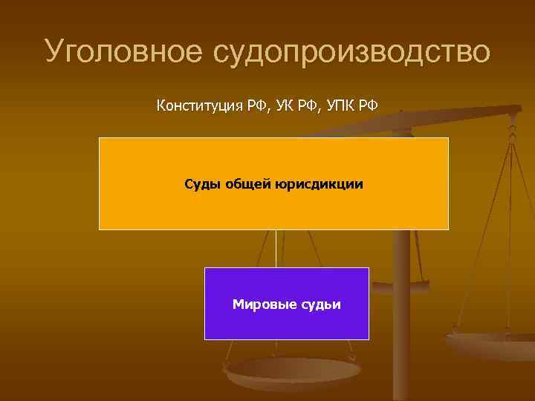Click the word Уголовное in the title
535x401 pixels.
(x=122, y=52)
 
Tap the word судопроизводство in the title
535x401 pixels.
(x=351, y=52)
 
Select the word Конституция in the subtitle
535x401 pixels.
(x=197, y=105)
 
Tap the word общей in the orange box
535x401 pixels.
(x=246, y=183)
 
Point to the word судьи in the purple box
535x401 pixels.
(x=320, y=304)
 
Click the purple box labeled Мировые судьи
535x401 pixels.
(x=286, y=323)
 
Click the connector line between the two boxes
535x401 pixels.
(x=276, y=248)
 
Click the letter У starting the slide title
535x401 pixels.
(x=55, y=52)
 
